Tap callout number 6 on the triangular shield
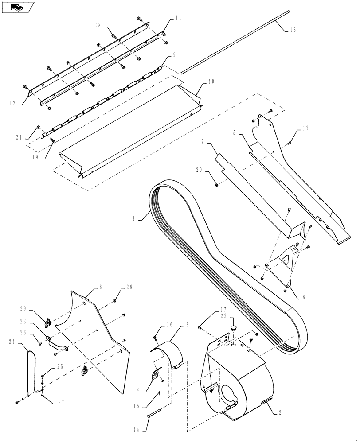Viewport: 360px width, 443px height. pos(100,288)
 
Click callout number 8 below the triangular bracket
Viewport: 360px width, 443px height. pos(303,297)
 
